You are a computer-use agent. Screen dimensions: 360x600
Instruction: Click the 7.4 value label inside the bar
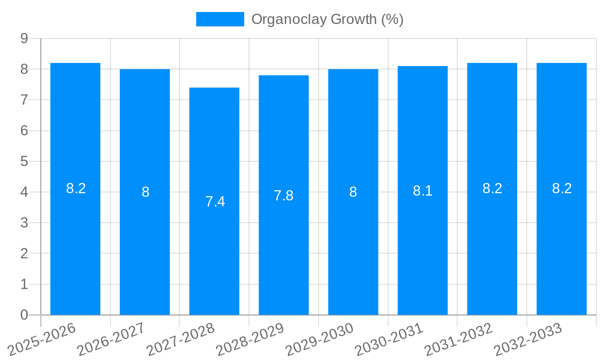(x=215, y=202)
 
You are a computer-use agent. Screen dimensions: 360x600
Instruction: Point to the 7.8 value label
(x=284, y=196)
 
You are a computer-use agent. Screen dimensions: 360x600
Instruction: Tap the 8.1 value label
(x=422, y=191)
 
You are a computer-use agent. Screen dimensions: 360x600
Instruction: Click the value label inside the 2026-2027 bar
(x=145, y=192)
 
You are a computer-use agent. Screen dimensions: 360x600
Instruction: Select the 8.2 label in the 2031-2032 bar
(x=492, y=188)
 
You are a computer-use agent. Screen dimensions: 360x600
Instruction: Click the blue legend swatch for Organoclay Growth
(x=220, y=19)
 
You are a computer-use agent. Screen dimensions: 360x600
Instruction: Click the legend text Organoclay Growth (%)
(x=327, y=19)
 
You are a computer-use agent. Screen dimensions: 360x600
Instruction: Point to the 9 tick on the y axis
(x=24, y=38)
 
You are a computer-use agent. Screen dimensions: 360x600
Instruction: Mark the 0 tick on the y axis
(x=24, y=315)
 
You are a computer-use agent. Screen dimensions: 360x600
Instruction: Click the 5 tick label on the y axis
(x=24, y=161)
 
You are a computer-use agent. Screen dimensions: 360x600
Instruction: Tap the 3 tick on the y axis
(x=24, y=223)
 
